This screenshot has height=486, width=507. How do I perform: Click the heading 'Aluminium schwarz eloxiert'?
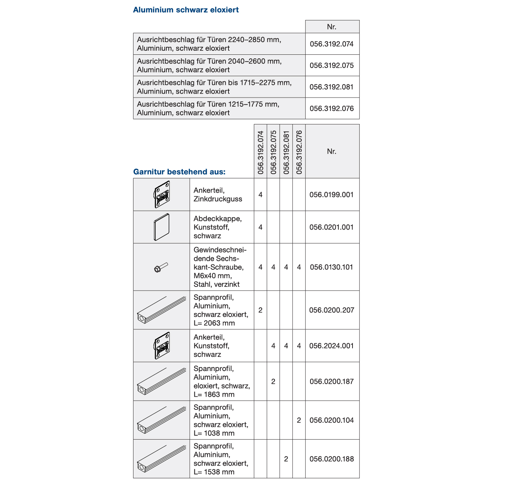(186, 10)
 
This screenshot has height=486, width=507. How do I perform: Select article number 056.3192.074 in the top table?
(331, 44)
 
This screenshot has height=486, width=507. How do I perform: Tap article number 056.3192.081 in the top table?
(331, 87)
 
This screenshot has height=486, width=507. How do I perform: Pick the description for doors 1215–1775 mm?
(208, 108)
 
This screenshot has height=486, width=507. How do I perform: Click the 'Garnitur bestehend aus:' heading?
(179, 172)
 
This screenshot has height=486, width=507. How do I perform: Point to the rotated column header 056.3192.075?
(273, 152)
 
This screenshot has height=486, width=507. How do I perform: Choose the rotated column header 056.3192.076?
(299, 152)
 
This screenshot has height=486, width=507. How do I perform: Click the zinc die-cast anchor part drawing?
(162, 194)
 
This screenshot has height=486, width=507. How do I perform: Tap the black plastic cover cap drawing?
(162, 227)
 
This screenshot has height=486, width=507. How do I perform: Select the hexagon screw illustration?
(161, 268)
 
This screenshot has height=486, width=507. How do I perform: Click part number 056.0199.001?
(331, 195)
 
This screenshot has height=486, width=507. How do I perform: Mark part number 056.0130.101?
(331, 267)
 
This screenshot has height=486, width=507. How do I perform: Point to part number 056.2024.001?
(331, 346)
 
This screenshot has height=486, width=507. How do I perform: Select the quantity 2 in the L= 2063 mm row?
(260, 310)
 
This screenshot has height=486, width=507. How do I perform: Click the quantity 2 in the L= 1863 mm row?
(273, 382)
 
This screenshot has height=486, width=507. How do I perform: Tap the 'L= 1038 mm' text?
(214, 433)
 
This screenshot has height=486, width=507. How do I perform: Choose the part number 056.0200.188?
(331, 459)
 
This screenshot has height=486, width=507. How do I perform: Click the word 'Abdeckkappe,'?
(218, 219)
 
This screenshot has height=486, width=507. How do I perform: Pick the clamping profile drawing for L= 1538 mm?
(162, 459)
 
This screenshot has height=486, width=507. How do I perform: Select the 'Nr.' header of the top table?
(331, 27)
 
